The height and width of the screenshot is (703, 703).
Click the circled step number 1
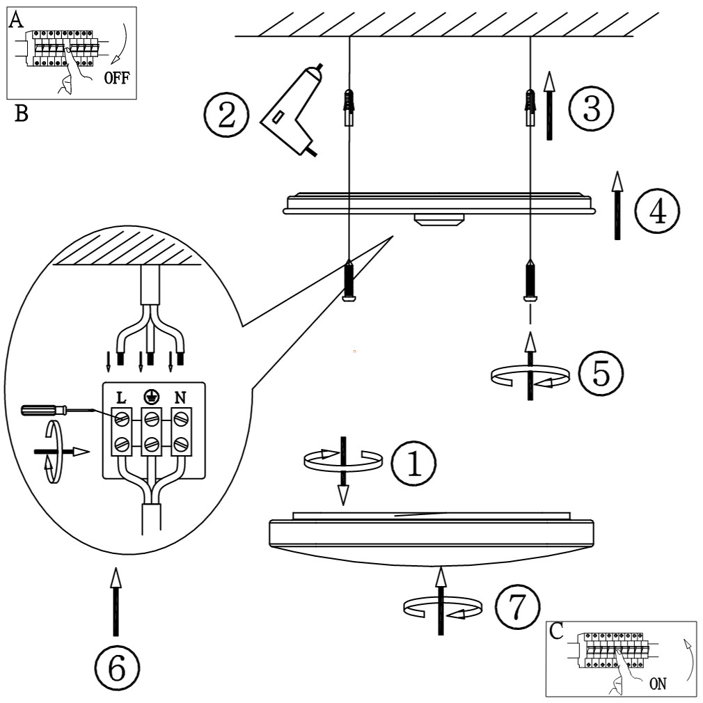coord(413,463)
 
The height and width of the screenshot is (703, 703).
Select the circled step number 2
coord(226,114)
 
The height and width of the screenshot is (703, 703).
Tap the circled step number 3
coord(592,109)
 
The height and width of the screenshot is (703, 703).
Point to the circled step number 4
coord(657,211)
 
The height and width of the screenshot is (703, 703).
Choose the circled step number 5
coord(601,373)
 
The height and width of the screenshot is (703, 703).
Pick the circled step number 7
coord(517,607)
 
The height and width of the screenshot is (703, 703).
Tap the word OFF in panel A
coord(116,78)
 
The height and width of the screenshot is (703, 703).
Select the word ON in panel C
coord(658,684)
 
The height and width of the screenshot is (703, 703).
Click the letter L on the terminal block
coord(121,397)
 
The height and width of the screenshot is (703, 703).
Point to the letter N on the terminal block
coord(180,397)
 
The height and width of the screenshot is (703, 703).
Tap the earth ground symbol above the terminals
coord(150,397)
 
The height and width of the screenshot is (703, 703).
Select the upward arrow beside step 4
coord(617,205)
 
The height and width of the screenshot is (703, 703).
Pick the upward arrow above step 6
coord(116,601)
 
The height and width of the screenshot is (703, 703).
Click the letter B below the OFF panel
coord(22,113)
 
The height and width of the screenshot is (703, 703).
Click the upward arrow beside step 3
coord(549,106)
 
